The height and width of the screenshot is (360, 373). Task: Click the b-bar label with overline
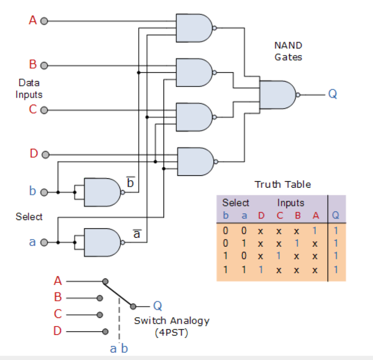[x=130, y=183]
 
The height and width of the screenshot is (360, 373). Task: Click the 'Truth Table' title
[x=283, y=184]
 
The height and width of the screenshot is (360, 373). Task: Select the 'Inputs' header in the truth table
[x=290, y=203]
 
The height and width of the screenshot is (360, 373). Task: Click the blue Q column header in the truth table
[x=335, y=216]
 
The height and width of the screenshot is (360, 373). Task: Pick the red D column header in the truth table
[x=261, y=216]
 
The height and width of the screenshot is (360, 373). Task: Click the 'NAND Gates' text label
[x=288, y=51]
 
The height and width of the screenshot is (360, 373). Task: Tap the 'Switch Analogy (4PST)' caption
[x=172, y=326]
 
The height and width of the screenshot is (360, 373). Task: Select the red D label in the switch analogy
[x=58, y=331]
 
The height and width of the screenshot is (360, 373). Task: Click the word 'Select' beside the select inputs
[x=29, y=217]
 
